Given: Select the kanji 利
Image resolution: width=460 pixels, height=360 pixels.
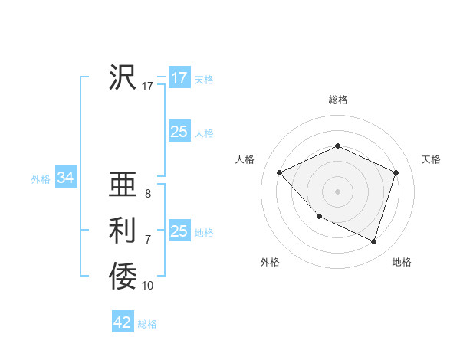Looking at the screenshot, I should pyautogui.click(x=123, y=231).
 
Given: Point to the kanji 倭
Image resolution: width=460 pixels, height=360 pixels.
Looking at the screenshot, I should pyautogui.click(x=123, y=276).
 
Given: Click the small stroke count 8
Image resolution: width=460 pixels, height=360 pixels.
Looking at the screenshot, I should pyautogui.click(x=147, y=194).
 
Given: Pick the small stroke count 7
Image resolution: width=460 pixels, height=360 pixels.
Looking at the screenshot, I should pyautogui.click(x=147, y=240).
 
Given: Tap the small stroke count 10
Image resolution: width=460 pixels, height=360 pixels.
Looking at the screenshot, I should pyautogui.click(x=148, y=286).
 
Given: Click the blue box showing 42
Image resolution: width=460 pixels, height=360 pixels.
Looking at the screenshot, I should pyautogui.click(x=123, y=322).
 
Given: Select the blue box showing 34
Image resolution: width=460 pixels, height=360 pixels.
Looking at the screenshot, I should pyautogui.click(x=66, y=178).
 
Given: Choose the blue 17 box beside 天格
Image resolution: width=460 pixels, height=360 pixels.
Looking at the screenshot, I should pyautogui.click(x=179, y=78).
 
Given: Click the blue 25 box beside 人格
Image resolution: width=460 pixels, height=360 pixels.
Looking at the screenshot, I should pyautogui.click(x=179, y=132).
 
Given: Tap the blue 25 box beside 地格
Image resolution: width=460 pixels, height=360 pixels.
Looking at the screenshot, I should pyautogui.click(x=179, y=231).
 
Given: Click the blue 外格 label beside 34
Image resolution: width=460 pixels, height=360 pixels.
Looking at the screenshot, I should pyautogui.click(x=41, y=179).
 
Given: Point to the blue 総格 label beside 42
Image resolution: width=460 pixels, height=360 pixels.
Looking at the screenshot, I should pyautogui.click(x=147, y=324).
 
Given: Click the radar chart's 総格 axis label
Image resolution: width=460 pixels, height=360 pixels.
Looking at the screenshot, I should pyautogui.click(x=338, y=100).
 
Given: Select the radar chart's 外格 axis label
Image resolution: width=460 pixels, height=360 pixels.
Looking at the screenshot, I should pyautogui.click(x=270, y=262).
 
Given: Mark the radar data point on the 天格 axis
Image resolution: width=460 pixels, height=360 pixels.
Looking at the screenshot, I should pyautogui.click(x=396, y=172).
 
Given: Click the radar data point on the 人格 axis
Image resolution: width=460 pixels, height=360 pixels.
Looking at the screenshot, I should pyautogui.click(x=280, y=172).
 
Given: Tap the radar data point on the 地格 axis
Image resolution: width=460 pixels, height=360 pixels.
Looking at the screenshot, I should pyautogui.click(x=374, y=241).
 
